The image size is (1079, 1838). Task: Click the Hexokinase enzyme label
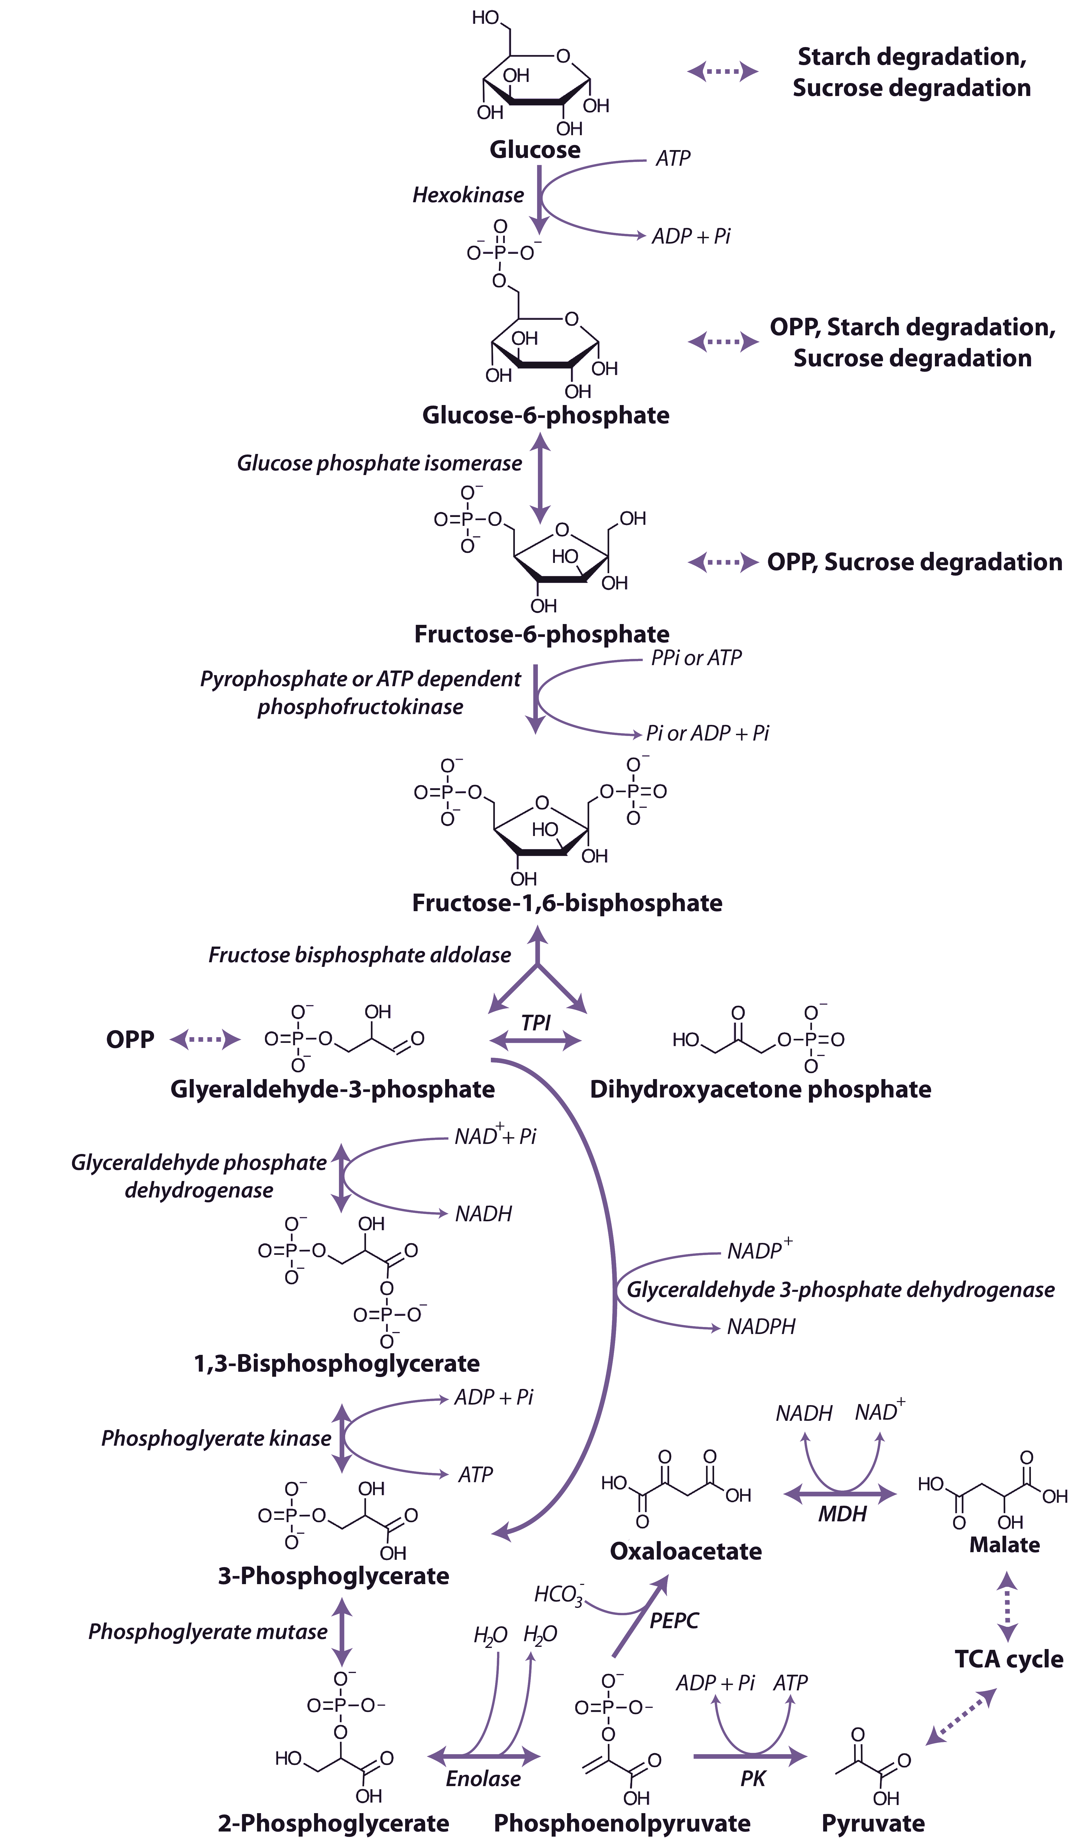(x=468, y=195)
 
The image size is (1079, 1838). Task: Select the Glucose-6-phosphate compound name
(x=545, y=415)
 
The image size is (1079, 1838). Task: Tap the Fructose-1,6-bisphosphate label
(x=567, y=903)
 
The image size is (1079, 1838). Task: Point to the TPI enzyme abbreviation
(x=536, y=1023)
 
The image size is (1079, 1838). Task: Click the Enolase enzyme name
(x=483, y=1779)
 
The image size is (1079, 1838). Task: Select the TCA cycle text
(x=1009, y=1659)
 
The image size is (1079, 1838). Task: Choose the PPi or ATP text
(x=696, y=658)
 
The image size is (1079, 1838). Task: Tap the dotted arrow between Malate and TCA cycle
(x=1007, y=1607)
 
